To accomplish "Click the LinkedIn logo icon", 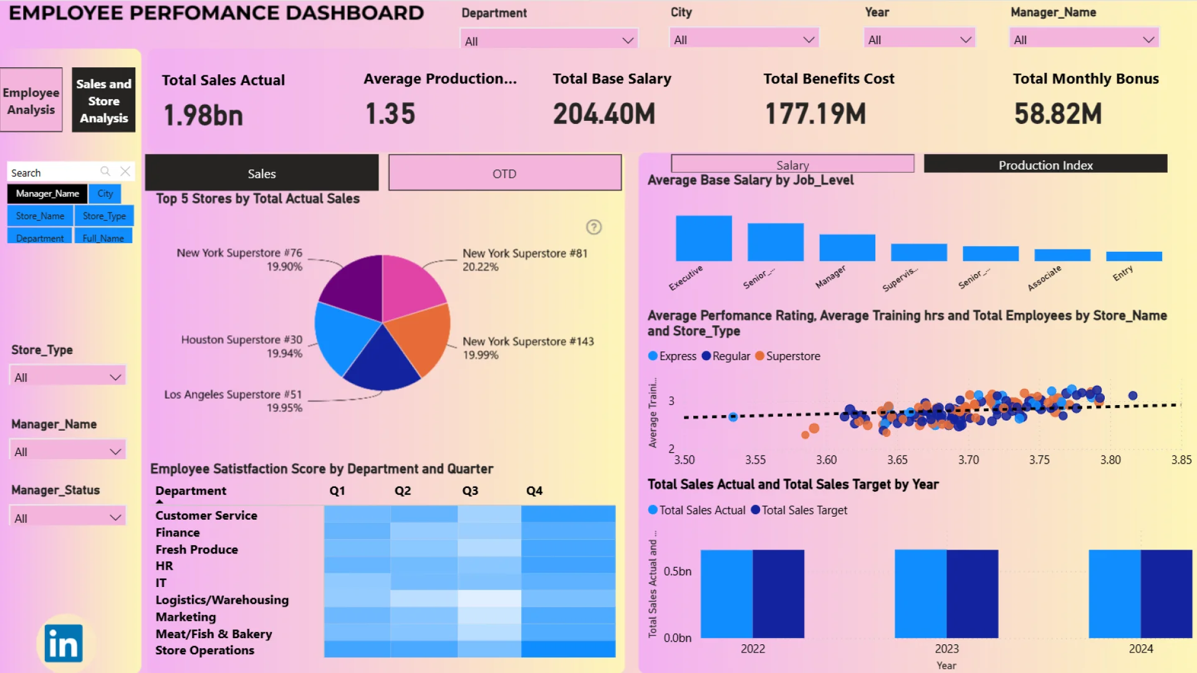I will click(64, 644).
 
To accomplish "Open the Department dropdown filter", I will click(549, 41).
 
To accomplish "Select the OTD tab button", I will click(504, 173).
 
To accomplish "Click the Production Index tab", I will click(1046, 165).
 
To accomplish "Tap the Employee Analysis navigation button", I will click(31, 100).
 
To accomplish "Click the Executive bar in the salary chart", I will click(703, 238).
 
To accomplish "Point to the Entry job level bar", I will click(1133, 256).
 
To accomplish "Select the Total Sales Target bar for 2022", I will click(778, 593).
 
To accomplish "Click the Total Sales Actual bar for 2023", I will click(920, 593).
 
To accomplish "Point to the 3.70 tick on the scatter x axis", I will click(968, 460).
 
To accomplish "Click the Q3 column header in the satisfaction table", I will click(470, 491).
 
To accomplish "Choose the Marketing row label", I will click(186, 617).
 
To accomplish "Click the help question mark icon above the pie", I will click(594, 227).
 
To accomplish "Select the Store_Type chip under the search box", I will click(104, 216).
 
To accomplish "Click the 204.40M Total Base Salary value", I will click(603, 114).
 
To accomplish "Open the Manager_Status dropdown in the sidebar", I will click(67, 518).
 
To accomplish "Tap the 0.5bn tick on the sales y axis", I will click(677, 571).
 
